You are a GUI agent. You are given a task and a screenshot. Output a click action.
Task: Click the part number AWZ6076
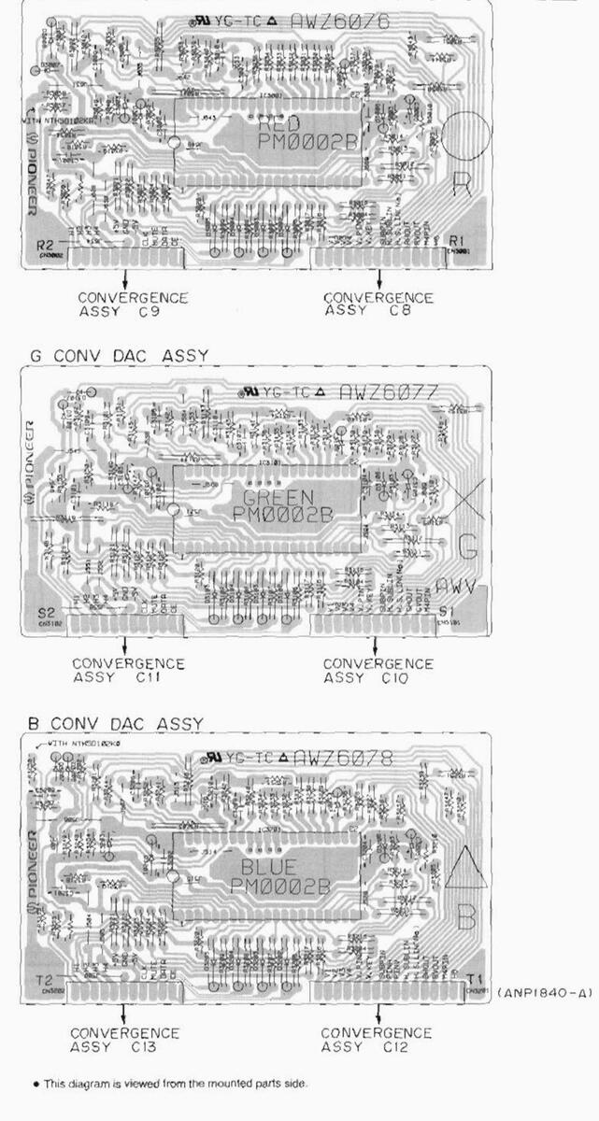tap(340, 21)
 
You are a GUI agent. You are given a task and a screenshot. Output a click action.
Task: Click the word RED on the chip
tap(279, 125)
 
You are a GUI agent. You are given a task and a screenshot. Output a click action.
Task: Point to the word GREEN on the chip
tap(279, 496)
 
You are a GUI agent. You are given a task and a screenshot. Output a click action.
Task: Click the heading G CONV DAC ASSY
tap(118, 355)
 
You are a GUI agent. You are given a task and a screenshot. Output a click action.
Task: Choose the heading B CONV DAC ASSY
tap(116, 723)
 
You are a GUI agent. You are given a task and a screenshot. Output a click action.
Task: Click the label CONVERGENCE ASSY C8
tap(378, 305)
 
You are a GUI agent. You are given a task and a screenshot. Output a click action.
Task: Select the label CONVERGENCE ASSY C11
tap(129, 671)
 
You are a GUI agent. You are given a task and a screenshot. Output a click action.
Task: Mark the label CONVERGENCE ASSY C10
tap(378, 671)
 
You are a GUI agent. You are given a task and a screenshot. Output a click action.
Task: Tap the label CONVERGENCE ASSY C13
tap(125, 1040)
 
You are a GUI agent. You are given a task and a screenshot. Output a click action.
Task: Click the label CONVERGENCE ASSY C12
tap(377, 1040)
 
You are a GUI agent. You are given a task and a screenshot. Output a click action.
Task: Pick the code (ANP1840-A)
tap(544, 992)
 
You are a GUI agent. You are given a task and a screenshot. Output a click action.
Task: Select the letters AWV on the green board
tap(457, 588)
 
